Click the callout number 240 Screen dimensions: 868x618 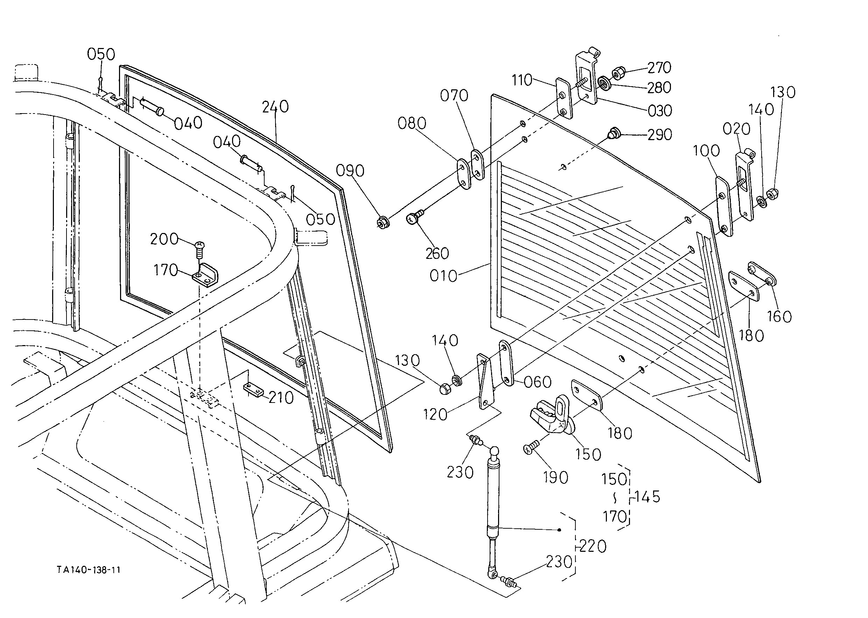point(275,107)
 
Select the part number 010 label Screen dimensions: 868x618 point(443,276)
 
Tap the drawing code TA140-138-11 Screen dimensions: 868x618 point(89,570)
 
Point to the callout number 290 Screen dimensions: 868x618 point(660,135)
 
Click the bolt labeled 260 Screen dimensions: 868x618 point(414,217)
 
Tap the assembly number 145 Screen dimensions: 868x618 point(647,497)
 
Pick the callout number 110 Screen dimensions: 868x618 point(521,80)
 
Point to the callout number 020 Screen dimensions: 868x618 point(736,129)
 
